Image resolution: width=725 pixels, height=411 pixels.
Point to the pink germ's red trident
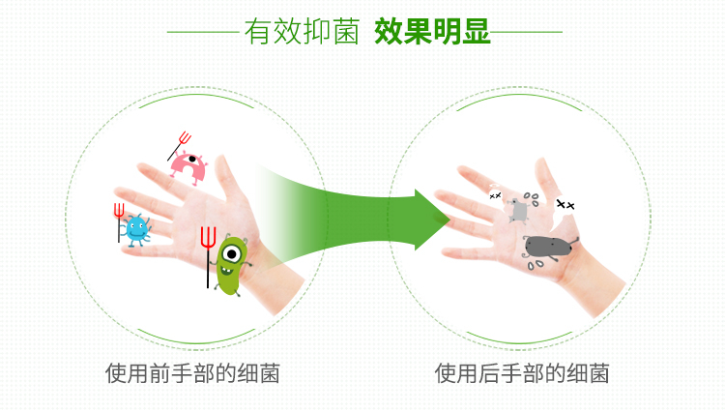180,146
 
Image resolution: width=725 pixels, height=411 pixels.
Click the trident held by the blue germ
119,222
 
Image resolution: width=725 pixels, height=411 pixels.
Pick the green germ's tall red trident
208,256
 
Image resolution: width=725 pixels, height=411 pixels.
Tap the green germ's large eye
231,253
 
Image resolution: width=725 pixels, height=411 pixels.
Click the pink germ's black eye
192,159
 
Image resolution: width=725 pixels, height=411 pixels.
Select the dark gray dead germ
548,247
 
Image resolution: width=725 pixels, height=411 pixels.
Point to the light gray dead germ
519,211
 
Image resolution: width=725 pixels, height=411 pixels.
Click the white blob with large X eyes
565,205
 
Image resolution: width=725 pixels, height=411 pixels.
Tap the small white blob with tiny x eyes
495,194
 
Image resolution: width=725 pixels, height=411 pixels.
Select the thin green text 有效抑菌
302,32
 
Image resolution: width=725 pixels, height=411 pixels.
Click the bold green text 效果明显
432,32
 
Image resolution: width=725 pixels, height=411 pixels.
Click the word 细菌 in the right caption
588,373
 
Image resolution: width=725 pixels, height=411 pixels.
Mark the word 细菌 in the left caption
258,373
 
